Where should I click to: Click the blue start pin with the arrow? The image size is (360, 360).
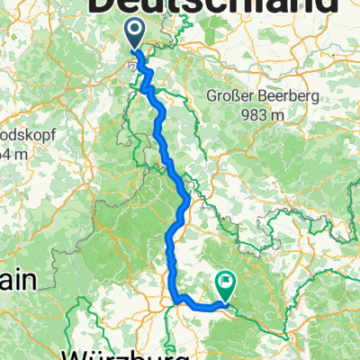[134, 34]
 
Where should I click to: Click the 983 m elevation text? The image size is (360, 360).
[262, 114]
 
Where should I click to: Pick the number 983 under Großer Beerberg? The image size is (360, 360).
[255, 114]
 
